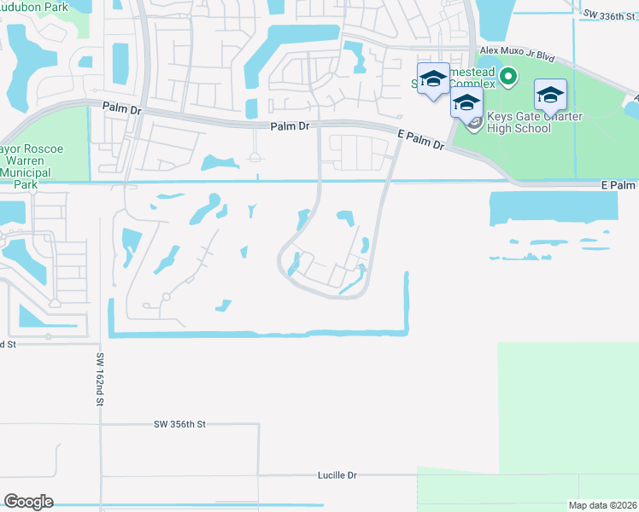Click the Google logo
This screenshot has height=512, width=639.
click(x=28, y=502)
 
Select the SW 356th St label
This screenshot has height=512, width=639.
click(x=180, y=423)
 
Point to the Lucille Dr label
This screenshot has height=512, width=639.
click(x=336, y=474)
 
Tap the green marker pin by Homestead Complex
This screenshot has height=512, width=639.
click(x=508, y=79)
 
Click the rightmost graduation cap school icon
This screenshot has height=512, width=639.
click(x=550, y=94)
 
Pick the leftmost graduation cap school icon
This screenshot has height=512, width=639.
click(x=433, y=79)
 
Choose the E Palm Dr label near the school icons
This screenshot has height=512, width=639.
click(x=421, y=140)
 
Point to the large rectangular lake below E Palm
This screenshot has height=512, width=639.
click(x=554, y=208)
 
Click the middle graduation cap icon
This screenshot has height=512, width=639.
click(x=466, y=104)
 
